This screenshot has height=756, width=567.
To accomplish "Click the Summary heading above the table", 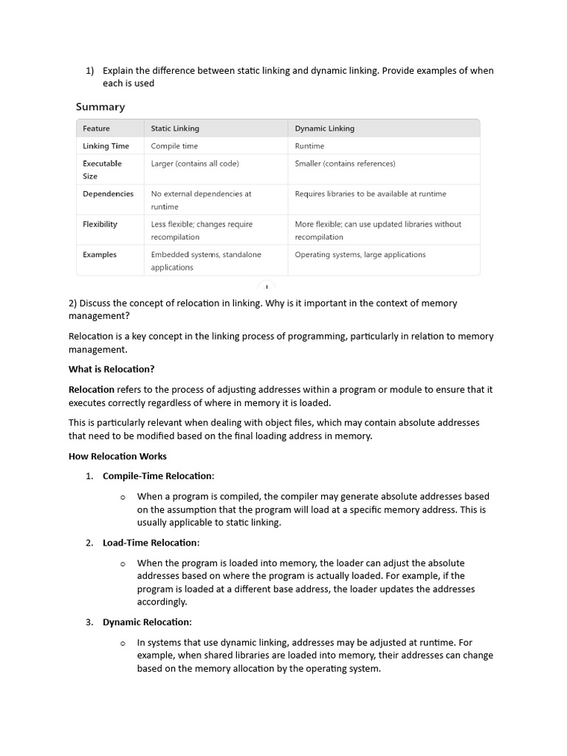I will tap(100, 107).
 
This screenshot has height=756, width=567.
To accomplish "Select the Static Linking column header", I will tap(175, 128).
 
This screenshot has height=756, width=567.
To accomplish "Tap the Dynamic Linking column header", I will tap(324, 128).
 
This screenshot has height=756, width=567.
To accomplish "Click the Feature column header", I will tap(96, 128).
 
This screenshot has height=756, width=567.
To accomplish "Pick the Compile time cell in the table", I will tap(174, 146).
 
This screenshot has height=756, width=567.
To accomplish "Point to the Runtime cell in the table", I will tap(309, 146).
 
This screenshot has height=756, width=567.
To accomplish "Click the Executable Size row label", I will tap(102, 170).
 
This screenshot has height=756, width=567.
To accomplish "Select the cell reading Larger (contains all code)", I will tap(195, 163).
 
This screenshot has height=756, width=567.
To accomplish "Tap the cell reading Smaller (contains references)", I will tap(345, 163).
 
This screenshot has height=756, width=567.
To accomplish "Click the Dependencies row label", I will tap(108, 193).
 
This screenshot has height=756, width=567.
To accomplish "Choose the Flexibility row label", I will tap(100, 224).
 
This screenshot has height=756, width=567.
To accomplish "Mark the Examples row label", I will tap(100, 255).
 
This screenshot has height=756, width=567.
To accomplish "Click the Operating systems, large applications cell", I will tap(360, 255).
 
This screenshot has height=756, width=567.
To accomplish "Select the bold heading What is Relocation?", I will tap(111, 369).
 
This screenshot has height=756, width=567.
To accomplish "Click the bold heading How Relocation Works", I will tap(117, 456).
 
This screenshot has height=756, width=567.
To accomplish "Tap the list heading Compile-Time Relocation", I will tap(158, 476).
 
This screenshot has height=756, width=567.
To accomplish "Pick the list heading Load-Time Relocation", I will tap(151, 543).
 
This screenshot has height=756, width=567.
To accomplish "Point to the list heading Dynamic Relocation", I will tap(147, 622).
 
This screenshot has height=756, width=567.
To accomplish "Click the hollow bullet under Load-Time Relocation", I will tap(123, 563).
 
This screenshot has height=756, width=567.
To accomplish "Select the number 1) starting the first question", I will tap(90, 71).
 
